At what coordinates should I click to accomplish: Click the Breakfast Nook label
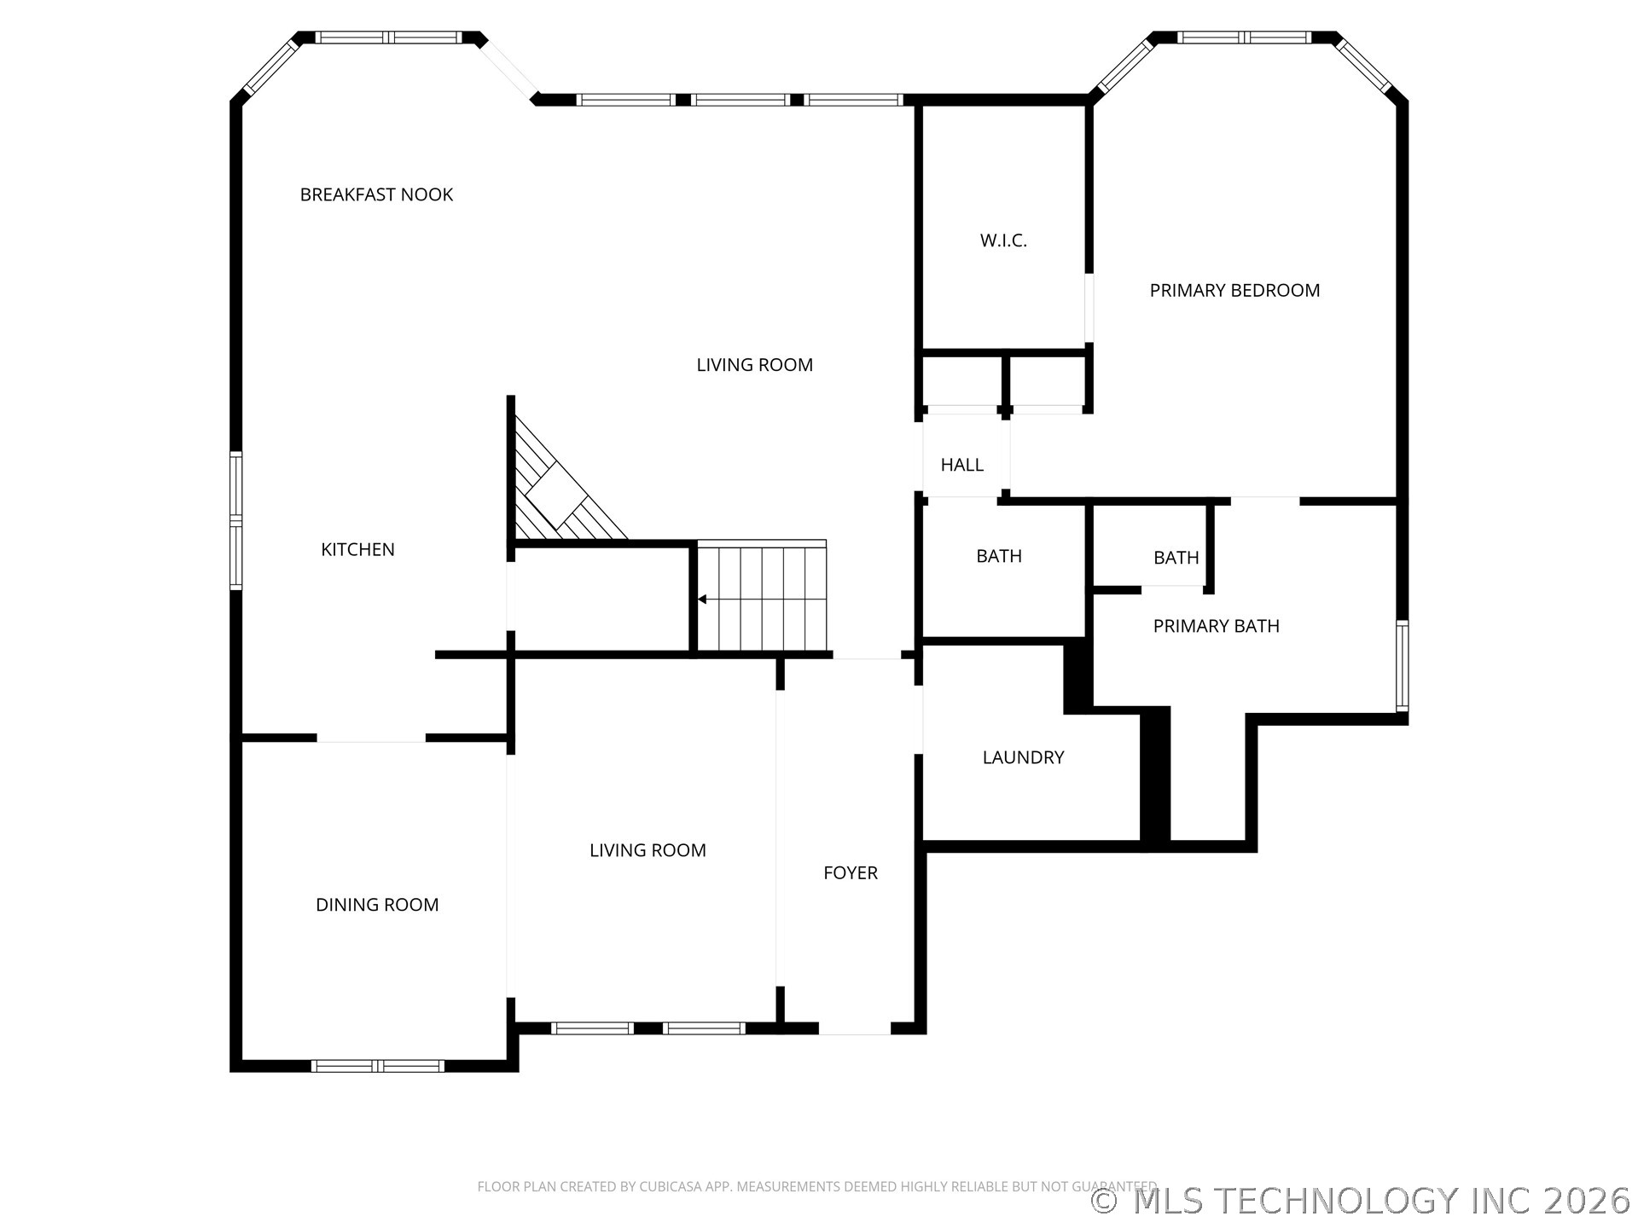pyautogui.click(x=376, y=194)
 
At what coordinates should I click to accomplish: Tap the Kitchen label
pyautogui.click(x=357, y=549)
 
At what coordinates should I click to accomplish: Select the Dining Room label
pyautogui.click(x=377, y=905)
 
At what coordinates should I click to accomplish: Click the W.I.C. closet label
pyautogui.click(x=1003, y=240)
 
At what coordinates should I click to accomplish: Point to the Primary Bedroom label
pyautogui.click(x=1234, y=290)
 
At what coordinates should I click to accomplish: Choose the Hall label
pyautogui.click(x=961, y=465)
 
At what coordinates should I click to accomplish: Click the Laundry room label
pyautogui.click(x=1023, y=757)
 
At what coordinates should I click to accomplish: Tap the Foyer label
pyautogui.click(x=851, y=872)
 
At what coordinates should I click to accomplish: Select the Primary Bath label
pyautogui.click(x=1216, y=626)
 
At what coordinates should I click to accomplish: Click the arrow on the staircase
pyautogui.click(x=703, y=600)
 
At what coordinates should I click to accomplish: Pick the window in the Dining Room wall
pyautogui.click(x=377, y=1066)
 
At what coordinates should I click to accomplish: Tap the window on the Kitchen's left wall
pyautogui.click(x=236, y=520)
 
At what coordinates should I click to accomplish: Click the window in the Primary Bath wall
pyautogui.click(x=1402, y=666)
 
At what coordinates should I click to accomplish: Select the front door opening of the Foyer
pyautogui.click(x=855, y=1028)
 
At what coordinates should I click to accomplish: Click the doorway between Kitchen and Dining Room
pyautogui.click(x=371, y=738)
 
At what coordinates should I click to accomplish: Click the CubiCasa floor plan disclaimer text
pyautogui.click(x=817, y=1186)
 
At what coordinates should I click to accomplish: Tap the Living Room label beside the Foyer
pyautogui.click(x=648, y=850)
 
